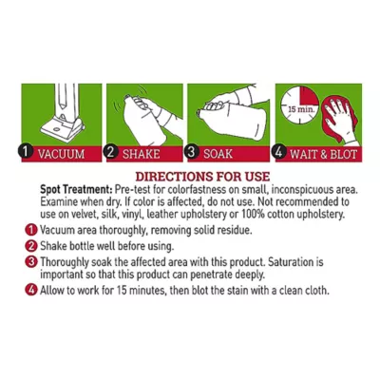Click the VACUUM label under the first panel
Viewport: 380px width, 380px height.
tap(61, 154)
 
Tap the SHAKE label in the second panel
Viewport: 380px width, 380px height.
tap(141, 154)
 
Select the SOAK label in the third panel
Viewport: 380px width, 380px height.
tap(218, 154)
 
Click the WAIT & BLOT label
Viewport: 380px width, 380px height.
tap(323, 154)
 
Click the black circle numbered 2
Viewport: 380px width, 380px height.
tap(110, 152)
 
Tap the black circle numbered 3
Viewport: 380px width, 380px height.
tap(191, 152)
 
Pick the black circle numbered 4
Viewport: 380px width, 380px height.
tap(278, 152)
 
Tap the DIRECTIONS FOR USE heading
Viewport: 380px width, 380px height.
tap(202, 177)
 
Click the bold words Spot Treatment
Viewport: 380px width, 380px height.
tap(76, 190)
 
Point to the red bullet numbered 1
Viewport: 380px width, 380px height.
tap(30, 230)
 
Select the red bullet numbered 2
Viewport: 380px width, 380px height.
tap(30, 246)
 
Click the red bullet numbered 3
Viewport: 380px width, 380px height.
tap(30, 262)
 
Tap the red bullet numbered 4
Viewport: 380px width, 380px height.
tap(30, 291)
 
